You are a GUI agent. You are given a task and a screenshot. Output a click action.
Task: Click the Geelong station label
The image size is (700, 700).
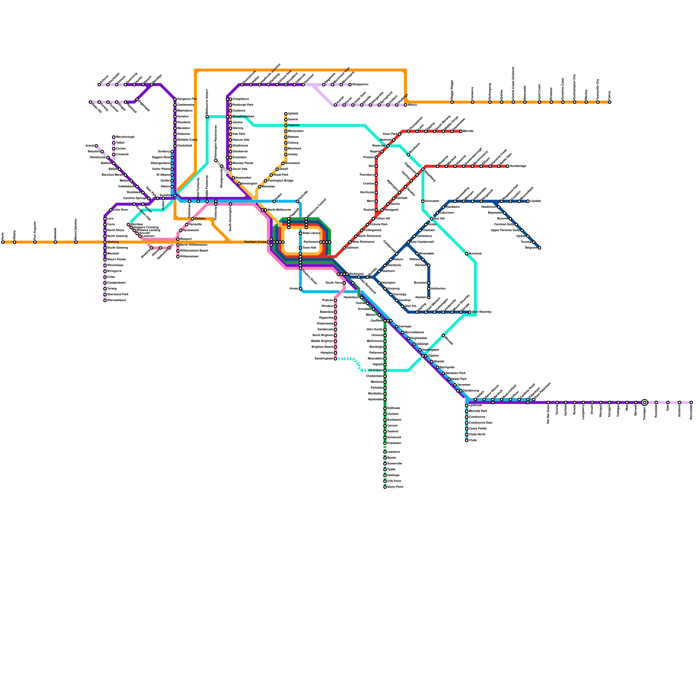113,242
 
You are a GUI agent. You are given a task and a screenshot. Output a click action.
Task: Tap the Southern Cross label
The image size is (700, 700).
255,242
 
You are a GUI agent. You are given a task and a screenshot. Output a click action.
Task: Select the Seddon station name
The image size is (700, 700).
200,219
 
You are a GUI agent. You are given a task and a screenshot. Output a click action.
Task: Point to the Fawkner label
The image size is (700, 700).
294,126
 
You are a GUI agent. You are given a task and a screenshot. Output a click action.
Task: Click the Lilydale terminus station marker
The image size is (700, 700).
528,201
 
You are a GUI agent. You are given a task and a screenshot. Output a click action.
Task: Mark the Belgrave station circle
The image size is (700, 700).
539,248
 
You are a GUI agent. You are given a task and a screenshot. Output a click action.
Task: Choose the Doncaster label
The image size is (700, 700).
432,201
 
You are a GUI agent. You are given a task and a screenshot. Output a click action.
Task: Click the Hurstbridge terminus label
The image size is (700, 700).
518,166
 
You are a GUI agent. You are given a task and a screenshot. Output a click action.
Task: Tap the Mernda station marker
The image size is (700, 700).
461,131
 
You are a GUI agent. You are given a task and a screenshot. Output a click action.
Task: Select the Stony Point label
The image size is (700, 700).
395,487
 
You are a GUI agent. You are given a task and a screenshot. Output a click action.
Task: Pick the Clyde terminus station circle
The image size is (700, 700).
466,441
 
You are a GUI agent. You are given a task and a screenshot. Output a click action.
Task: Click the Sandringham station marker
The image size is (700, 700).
336,359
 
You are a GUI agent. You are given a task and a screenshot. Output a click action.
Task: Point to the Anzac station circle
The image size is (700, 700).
301,289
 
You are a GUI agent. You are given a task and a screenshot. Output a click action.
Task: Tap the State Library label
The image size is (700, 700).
311,233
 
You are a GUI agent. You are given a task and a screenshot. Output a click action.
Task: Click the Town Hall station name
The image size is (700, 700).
309,248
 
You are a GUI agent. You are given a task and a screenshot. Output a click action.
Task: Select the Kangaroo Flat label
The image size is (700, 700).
187,99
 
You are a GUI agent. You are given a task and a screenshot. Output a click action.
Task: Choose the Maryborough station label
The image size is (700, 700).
125,137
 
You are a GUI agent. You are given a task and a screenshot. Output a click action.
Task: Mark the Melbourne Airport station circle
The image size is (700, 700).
207,117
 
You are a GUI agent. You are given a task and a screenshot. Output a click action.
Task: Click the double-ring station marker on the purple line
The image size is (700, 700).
644,402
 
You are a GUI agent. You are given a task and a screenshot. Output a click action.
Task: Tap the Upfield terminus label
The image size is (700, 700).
293,114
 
